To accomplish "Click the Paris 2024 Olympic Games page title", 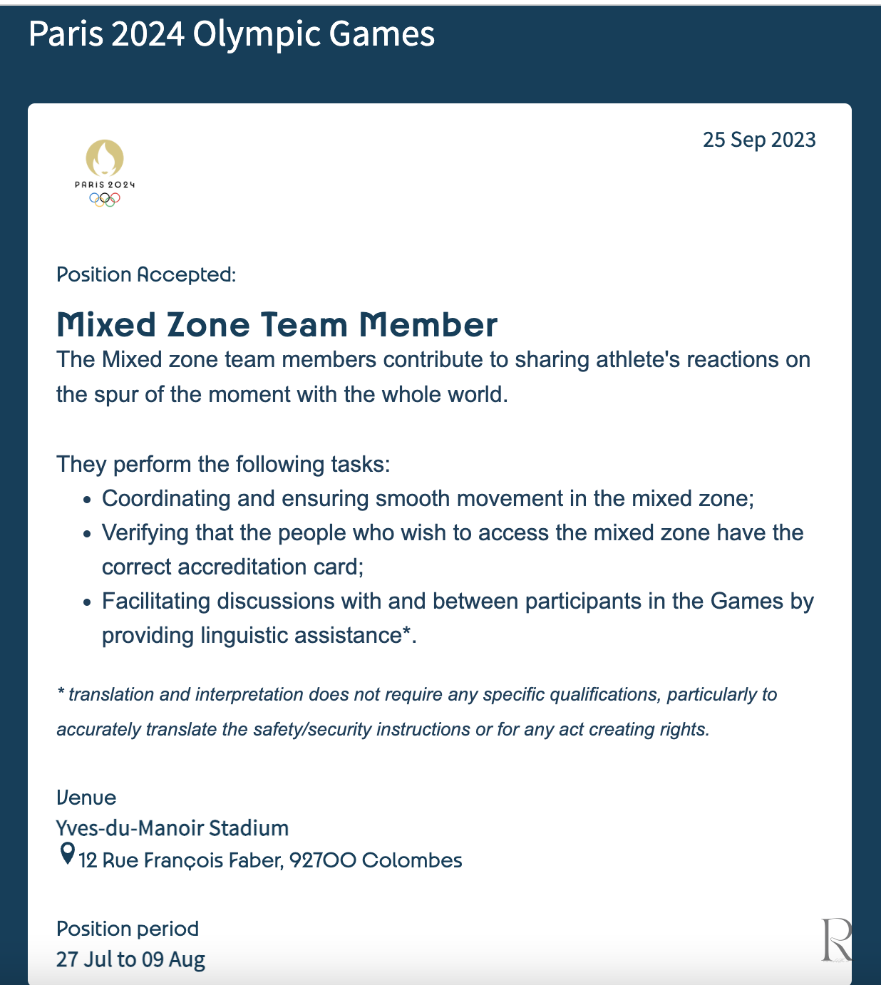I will point(232,34).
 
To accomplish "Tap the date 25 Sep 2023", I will point(759,140).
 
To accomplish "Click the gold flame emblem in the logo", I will point(105,158).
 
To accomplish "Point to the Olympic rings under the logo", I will point(105,200).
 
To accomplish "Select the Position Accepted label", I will point(146,274).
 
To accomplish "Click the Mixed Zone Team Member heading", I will point(277,325).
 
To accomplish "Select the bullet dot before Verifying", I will point(87,534).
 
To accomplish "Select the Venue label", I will point(86,798).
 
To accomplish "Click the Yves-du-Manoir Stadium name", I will point(172,828).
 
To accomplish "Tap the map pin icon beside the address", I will point(67,853).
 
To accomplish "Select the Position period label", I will point(128,929).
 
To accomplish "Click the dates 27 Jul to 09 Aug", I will point(130,959).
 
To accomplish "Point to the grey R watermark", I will point(836,939).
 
